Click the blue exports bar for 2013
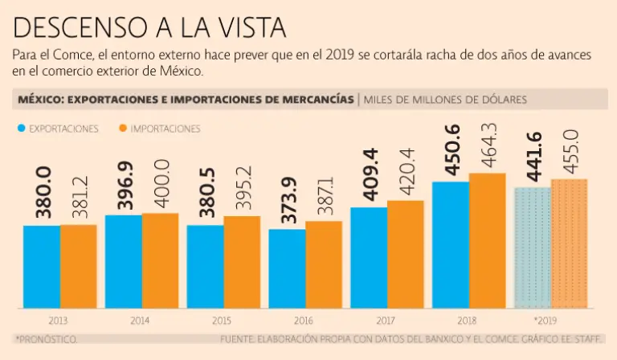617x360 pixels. click(42, 267)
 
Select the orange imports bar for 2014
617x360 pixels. click(160, 260)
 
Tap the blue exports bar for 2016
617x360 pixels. click(287, 268)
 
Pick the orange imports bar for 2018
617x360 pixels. click(488, 240)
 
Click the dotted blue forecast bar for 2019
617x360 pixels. click(532, 247)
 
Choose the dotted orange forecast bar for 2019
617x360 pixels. click(569, 243)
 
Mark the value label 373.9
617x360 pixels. click(287, 200)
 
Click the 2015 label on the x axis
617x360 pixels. click(222, 321)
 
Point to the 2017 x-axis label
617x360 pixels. click(386, 321)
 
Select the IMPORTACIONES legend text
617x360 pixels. click(165, 129)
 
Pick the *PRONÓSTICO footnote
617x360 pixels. click(47, 340)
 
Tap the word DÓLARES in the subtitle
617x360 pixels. click(501, 100)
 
